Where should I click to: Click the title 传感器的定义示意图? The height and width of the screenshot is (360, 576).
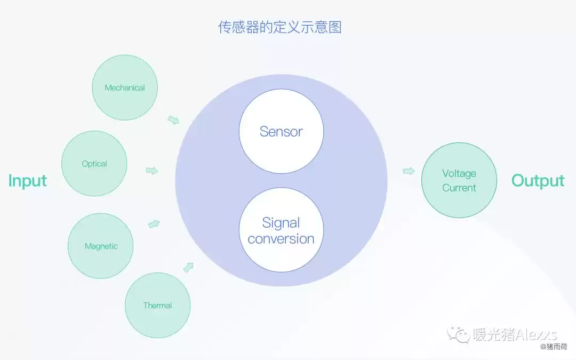(x=279, y=27)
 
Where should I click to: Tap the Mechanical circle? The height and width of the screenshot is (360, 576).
(x=125, y=88)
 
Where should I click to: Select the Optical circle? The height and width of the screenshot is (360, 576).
(x=94, y=164)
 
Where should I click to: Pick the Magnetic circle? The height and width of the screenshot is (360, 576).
(x=101, y=246)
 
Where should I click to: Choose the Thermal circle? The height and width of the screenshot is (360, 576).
(x=157, y=306)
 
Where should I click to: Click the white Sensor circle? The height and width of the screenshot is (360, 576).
(x=281, y=131)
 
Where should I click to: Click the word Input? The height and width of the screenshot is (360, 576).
(x=28, y=181)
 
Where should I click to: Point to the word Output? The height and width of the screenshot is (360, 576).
(x=538, y=181)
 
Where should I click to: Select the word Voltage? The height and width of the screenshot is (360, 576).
(x=459, y=173)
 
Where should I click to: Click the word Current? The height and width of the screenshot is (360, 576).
(x=459, y=188)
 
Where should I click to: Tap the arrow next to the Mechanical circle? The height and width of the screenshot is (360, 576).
(x=173, y=119)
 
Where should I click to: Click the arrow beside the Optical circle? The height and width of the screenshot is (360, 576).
(x=152, y=171)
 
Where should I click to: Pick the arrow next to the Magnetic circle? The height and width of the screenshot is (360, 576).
(x=154, y=223)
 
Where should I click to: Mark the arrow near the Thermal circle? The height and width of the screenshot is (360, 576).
(x=188, y=267)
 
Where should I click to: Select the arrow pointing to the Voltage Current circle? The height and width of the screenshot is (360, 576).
(x=409, y=171)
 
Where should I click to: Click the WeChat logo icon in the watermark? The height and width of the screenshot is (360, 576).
(x=458, y=334)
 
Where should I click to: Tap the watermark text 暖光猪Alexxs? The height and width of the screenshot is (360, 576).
(x=515, y=334)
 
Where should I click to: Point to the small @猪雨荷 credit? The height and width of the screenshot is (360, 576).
(x=554, y=347)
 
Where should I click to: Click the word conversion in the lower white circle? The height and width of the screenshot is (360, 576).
(x=281, y=239)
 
